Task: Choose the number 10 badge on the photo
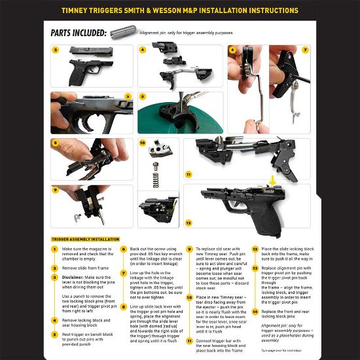coord(143,142)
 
